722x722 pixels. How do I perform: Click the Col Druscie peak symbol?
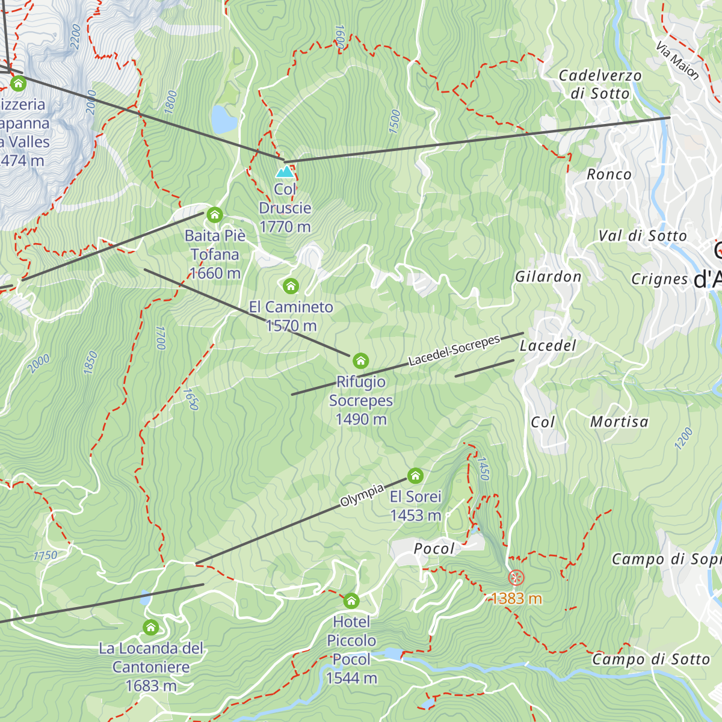click(285, 172)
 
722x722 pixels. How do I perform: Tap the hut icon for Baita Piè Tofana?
click(215, 215)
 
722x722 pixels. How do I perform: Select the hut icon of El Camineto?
click(291, 285)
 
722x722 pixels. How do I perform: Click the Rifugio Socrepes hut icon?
click(360, 360)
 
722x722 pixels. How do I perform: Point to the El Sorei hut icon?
click(415, 476)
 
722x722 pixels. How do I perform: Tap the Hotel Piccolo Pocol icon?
click(351, 600)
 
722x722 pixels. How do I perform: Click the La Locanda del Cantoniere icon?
click(150, 628)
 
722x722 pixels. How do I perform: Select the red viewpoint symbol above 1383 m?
click(516, 578)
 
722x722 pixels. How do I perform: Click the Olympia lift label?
click(362, 495)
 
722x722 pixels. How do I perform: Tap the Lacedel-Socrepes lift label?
click(454, 351)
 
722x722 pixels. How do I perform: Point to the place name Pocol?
click(434, 548)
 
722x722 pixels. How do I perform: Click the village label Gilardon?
click(548, 277)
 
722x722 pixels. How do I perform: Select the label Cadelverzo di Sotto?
click(600, 84)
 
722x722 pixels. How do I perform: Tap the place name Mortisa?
click(619, 422)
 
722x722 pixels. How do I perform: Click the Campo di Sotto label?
click(651, 659)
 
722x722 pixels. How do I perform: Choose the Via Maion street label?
click(677, 61)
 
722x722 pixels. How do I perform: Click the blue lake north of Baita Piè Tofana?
click(224, 120)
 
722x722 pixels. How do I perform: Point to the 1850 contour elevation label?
click(90, 363)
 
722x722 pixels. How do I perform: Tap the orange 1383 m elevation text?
click(516, 599)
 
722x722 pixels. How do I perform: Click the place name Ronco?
click(609, 174)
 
